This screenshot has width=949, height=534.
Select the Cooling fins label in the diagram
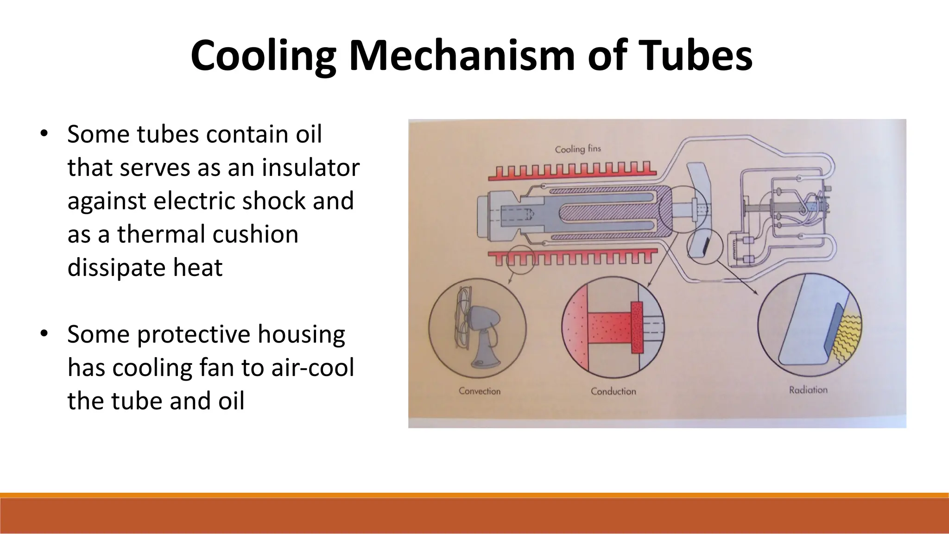tap(578, 149)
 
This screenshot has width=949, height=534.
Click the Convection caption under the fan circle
tap(480, 391)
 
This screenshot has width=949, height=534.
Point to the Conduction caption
tap(613, 391)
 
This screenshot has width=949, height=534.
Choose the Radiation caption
tap(808, 390)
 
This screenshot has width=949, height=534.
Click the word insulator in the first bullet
tap(310, 167)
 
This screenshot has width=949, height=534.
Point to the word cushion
tap(254, 234)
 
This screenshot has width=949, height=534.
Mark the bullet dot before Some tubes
tap(44, 134)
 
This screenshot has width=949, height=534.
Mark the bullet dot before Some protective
tap(44, 334)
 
